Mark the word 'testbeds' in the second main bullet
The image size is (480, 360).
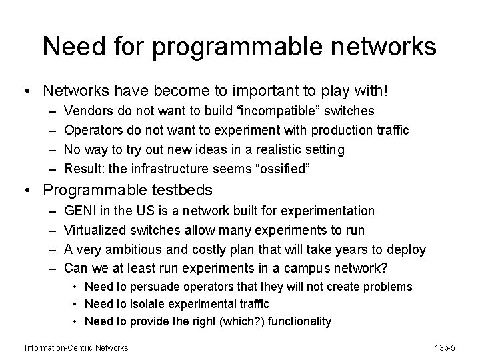coord(183,190)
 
